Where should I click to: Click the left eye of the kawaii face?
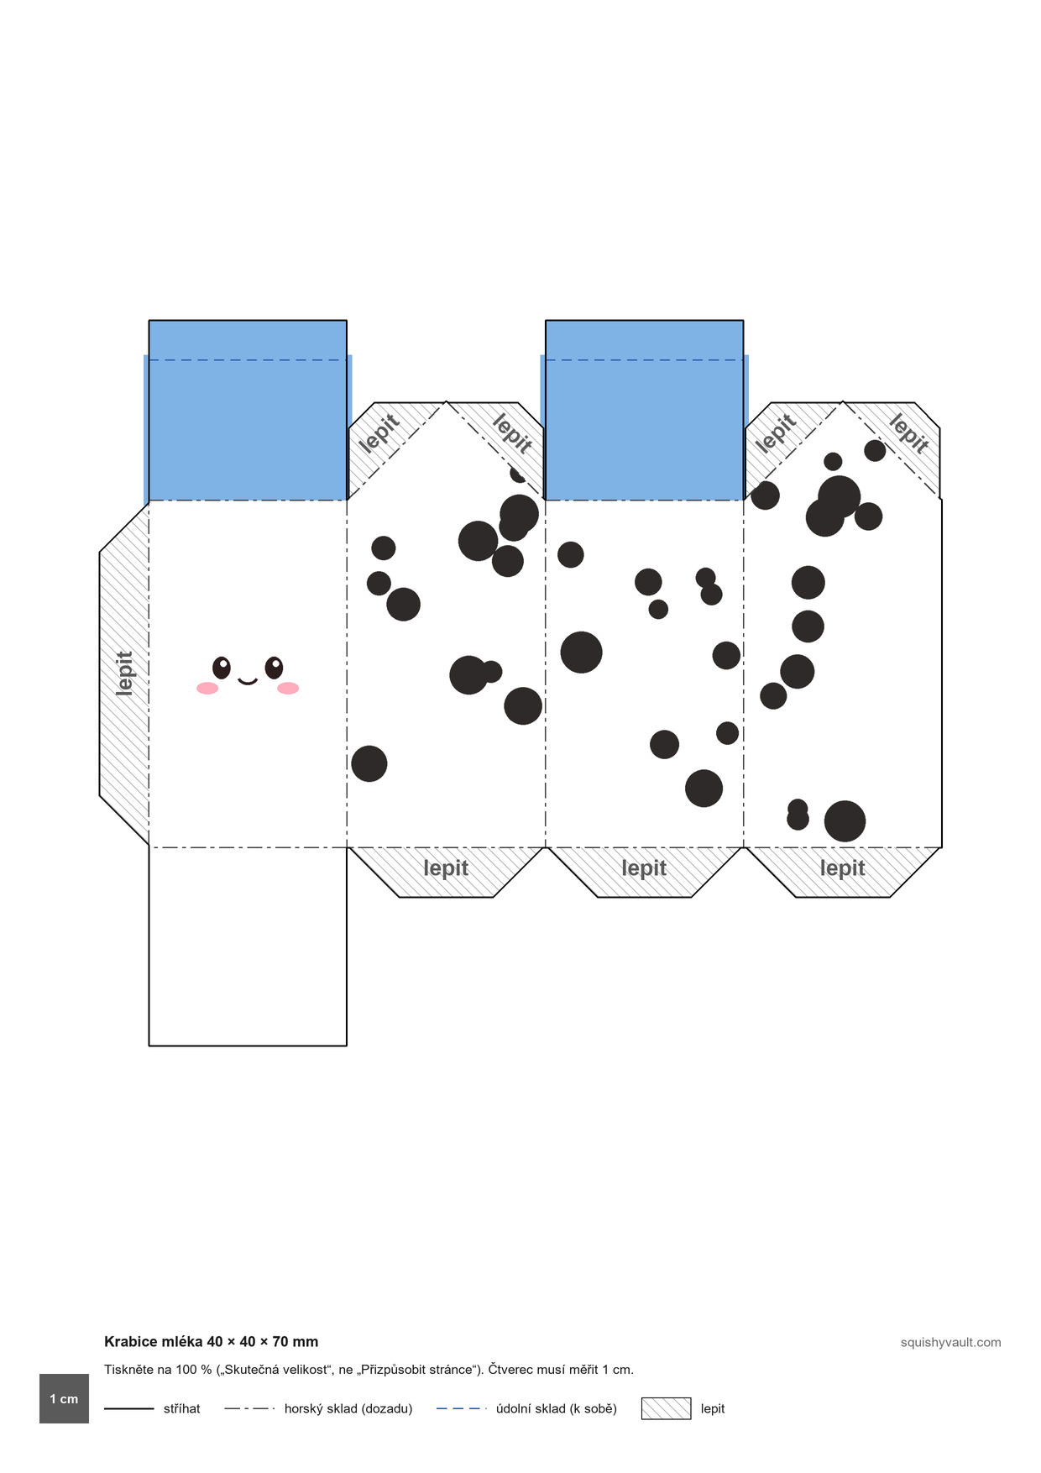click(x=222, y=668)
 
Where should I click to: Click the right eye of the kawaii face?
click(x=275, y=668)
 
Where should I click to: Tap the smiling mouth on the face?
click(x=248, y=681)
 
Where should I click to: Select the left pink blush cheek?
click(x=207, y=689)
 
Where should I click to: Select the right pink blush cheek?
click(x=288, y=689)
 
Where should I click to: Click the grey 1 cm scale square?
click(x=64, y=1398)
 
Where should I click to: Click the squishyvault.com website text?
click(x=950, y=1342)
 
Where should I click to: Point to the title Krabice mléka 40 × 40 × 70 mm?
click(x=212, y=1342)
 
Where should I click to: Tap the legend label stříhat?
click(x=182, y=1408)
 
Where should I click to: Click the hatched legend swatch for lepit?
click(x=666, y=1408)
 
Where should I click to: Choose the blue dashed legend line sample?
click(x=462, y=1408)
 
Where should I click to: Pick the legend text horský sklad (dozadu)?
click(x=348, y=1408)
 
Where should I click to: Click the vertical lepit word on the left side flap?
click(x=124, y=674)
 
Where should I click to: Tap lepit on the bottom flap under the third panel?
click(x=644, y=868)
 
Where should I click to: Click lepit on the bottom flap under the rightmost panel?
click(x=842, y=868)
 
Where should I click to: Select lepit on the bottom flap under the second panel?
click(x=446, y=868)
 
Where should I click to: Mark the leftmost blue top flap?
click(x=248, y=410)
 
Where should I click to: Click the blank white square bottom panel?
click(x=248, y=946)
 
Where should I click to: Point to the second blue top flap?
click(x=644, y=410)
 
